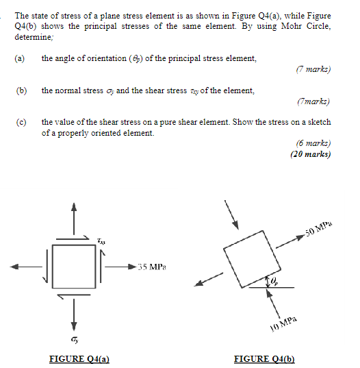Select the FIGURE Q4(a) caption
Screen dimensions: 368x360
80,358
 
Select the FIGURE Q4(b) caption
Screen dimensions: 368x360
264,358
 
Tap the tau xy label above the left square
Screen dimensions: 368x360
101,241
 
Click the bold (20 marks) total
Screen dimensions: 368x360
310,154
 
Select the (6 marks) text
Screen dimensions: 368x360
313,144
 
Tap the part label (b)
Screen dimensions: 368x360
21,90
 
